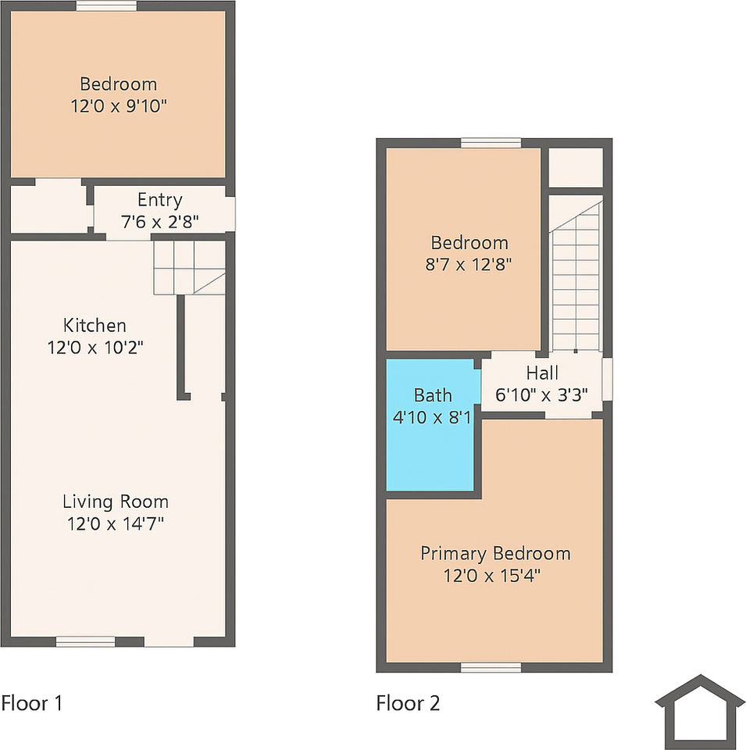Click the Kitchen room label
pyautogui.click(x=95, y=325)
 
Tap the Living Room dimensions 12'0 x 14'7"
pyautogui.click(x=117, y=523)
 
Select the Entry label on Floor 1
pyautogui.click(x=159, y=200)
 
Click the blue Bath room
pyautogui.click(x=431, y=453)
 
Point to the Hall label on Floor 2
pyautogui.click(x=541, y=373)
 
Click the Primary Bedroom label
pyautogui.click(x=495, y=554)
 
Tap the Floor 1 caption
pyautogui.click(x=31, y=703)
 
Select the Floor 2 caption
pyautogui.click(x=408, y=703)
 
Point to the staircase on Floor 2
pyautogui.click(x=576, y=273)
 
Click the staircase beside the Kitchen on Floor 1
pyautogui.click(x=188, y=266)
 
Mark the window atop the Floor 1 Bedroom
pyautogui.click(x=106, y=6)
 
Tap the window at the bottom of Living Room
pyautogui.click(x=86, y=642)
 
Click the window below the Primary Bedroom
pyautogui.click(x=491, y=667)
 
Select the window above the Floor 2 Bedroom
pyautogui.click(x=491, y=143)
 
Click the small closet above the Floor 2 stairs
pyautogui.click(x=576, y=167)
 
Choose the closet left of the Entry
pyautogui.click(x=47, y=208)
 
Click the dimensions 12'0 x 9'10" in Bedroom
pyautogui.click(x=118, y=106)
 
